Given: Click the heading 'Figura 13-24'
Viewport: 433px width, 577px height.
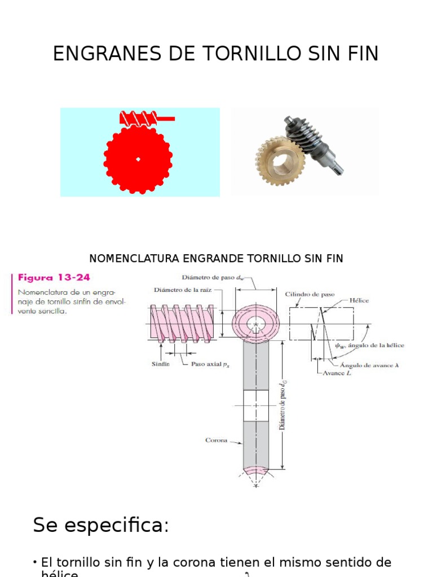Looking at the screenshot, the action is click(x=54, y=277).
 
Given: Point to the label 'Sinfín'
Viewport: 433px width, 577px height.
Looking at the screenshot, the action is click(x=160, y=364).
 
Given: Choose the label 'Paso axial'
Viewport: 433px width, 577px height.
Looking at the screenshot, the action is click(x=206, y=364).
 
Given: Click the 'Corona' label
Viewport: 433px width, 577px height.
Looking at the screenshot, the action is click(x=216, y=440).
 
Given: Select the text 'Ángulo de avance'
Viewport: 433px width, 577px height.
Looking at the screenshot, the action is click(x=367, y=365).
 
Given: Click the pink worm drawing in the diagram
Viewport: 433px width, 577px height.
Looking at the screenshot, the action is click(x=182, y=323).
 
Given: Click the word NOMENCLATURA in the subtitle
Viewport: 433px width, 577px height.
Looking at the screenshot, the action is click(x=134, y=258).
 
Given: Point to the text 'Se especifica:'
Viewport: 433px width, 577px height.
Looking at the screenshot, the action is click(x=101, y=525).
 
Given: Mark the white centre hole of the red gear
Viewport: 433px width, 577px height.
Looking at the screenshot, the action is click(x=138, y=159).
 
